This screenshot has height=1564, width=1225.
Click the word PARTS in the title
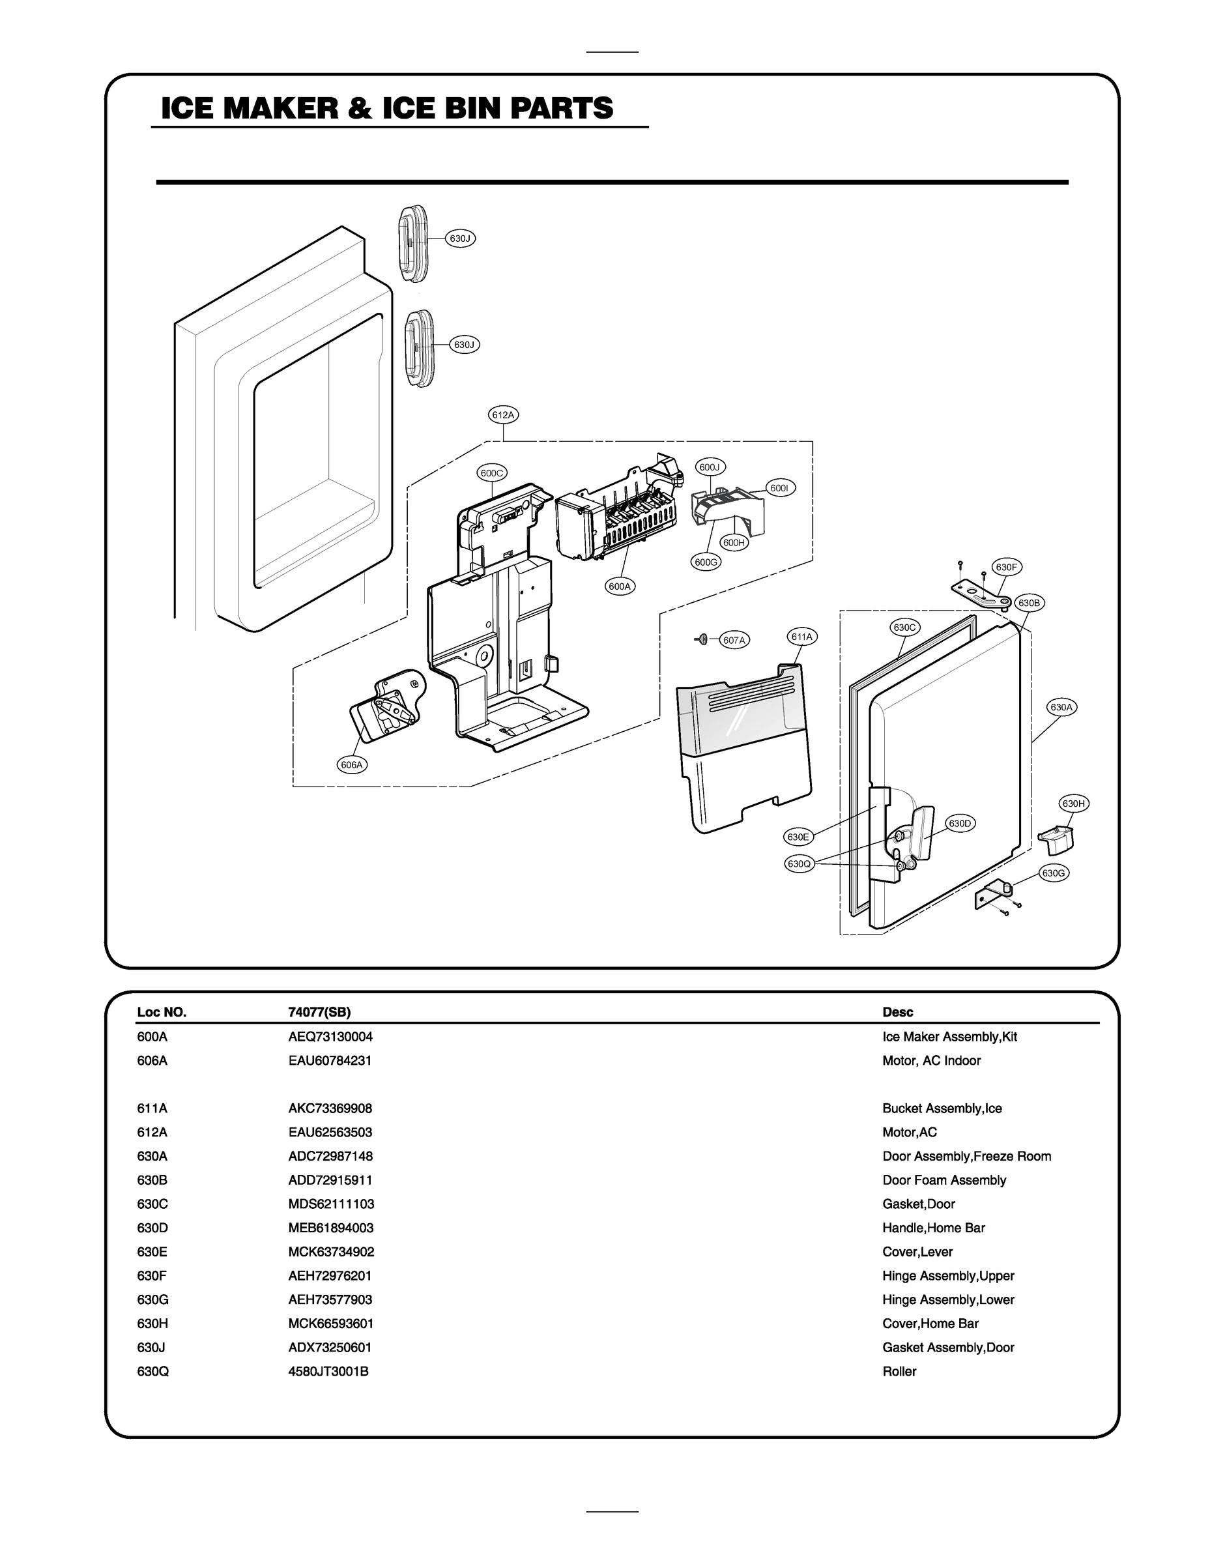[x=562, y=108]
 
